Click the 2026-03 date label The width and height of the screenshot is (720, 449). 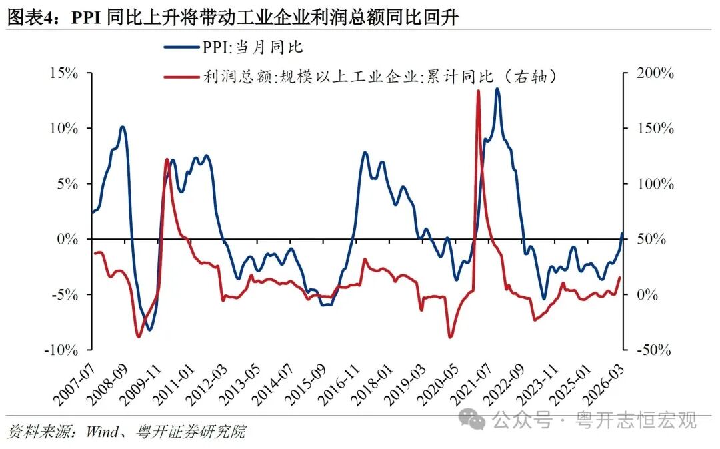click(612, 382)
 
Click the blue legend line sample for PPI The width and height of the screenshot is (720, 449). click(182, 47)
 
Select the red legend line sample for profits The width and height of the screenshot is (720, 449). click(182, 77)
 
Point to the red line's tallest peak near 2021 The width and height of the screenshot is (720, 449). click(478, 91)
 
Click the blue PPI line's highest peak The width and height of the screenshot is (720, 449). click(497, 89)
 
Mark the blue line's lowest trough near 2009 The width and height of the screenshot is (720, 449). click(149, 330)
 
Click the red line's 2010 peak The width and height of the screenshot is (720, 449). click(166, 160)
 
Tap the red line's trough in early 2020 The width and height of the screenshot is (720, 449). click(450, 337)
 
